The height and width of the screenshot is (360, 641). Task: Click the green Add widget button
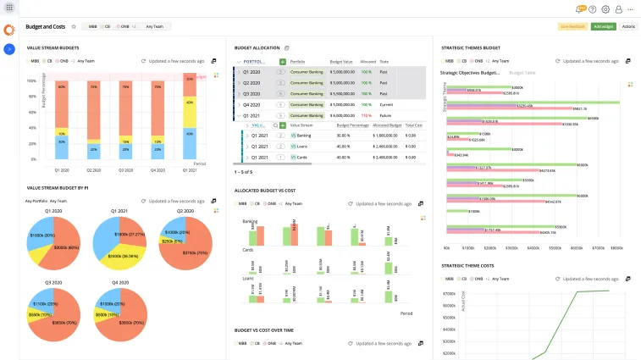[x=603, y=27]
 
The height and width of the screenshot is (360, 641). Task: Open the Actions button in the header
[x=627, y=27]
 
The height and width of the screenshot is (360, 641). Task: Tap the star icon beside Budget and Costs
[x=74, y=27]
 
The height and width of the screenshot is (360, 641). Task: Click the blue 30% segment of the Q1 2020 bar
[x=60, y=146]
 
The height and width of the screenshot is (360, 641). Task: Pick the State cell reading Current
[x=386, y=104]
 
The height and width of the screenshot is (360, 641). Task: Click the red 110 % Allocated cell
[x=367, y=114]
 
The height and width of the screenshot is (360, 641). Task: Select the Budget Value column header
[x=341, y=62]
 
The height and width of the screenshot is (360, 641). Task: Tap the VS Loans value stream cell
[x=301, y=146]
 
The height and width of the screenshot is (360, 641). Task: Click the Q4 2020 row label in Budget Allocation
[x=251, y=104]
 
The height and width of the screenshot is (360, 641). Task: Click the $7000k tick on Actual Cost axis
[x=450, y=294]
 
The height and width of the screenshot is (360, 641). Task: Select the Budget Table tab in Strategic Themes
[x=522, y=74]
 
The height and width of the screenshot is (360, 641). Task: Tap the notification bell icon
[x=579, y=9]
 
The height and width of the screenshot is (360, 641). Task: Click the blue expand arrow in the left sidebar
[x=8, y=49]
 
